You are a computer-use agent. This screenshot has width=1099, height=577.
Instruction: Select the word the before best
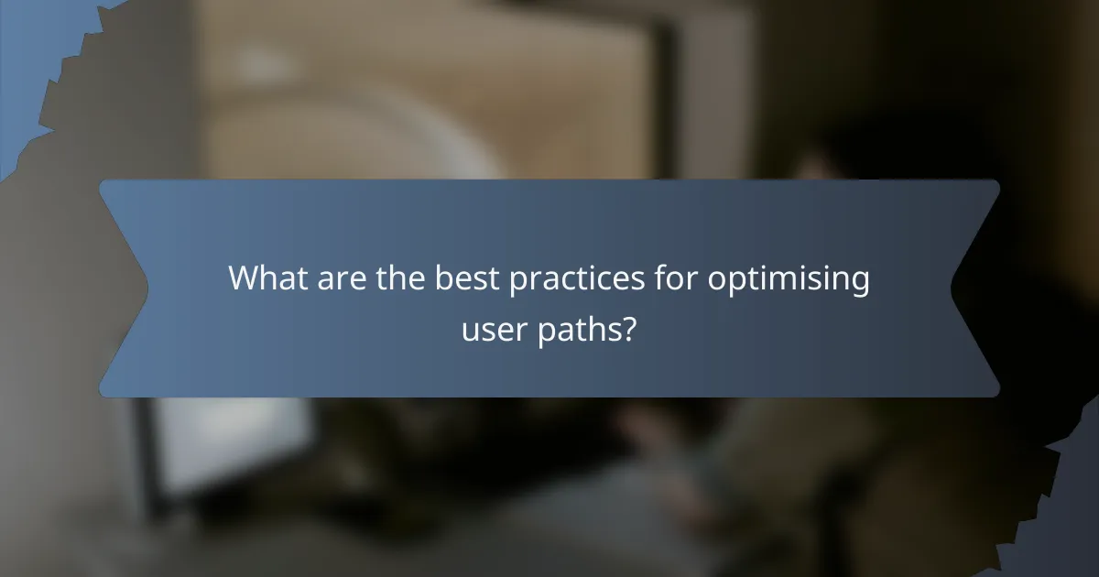(397, 278)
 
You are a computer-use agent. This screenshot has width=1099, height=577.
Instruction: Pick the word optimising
(788, 279)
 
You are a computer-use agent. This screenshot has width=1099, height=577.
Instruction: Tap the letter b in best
(441, 278)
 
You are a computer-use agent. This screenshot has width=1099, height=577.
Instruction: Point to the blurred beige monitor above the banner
(430, 92)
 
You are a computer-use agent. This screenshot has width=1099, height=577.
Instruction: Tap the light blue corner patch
(27, 55)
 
